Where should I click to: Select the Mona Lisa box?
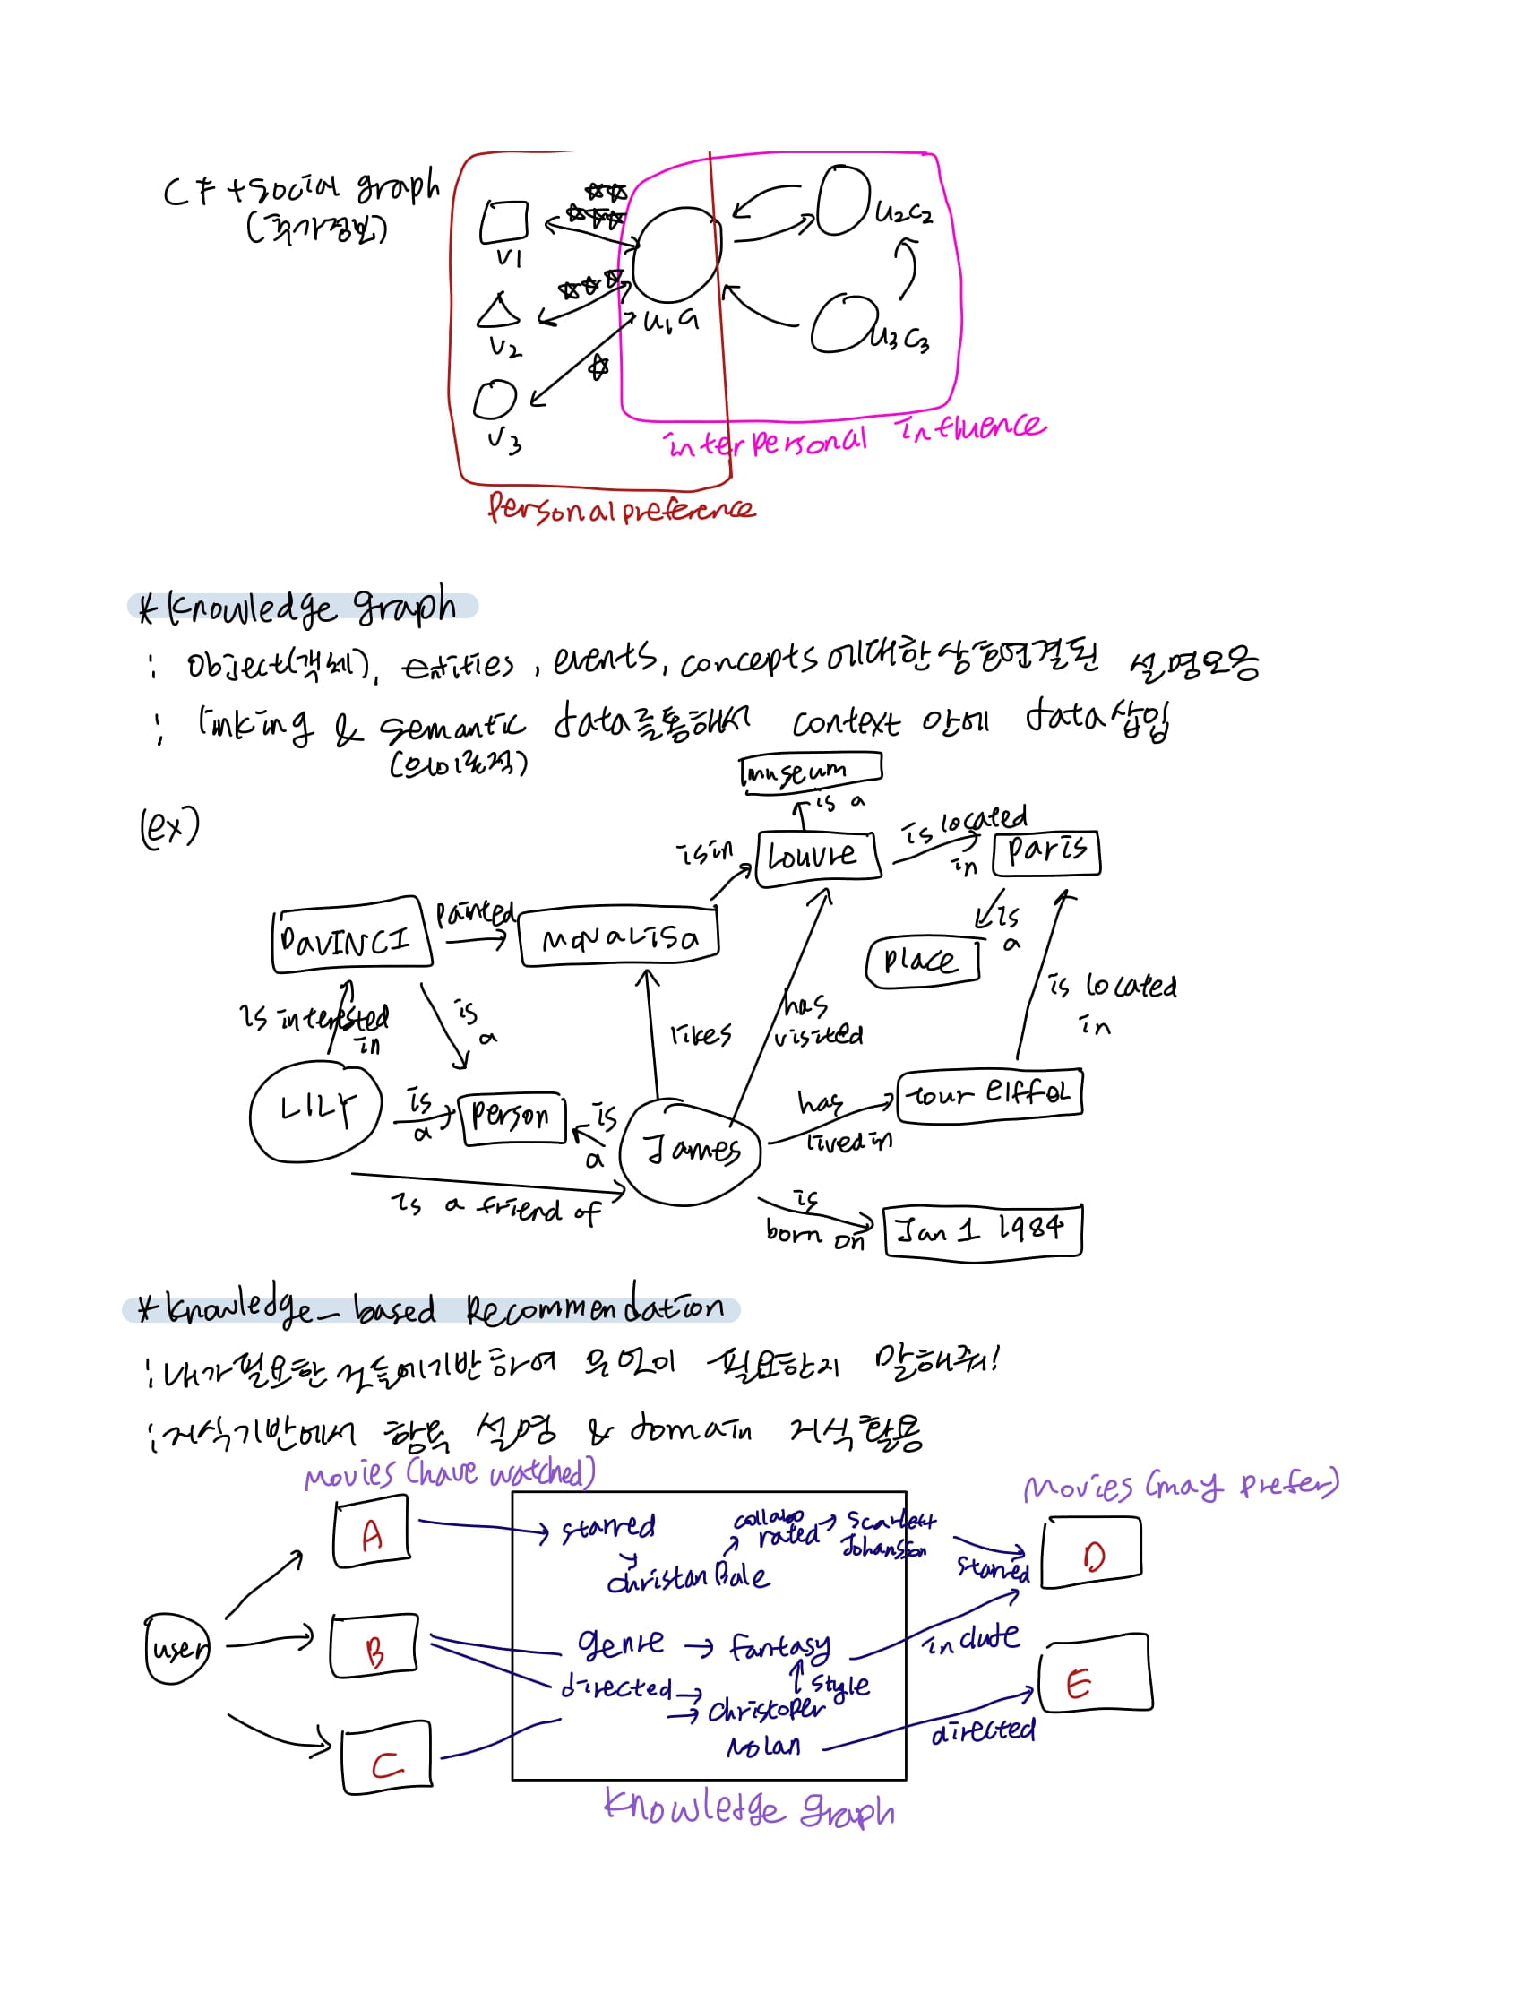[619, 936]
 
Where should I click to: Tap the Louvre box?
[818, 854]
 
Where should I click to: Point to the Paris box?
[1046, 851]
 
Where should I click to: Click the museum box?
[811, 772]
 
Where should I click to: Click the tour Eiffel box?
[990, 1094]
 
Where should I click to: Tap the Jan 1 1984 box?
[983, 1229]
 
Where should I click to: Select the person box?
[513, 1117]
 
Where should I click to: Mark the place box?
[922, 961]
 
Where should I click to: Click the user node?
[176, 1649]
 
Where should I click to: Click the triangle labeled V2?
[498, 311]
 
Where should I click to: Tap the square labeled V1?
[504, 221]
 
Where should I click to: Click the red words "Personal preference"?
[621, 510]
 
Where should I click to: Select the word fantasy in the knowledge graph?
[779, 1645]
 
